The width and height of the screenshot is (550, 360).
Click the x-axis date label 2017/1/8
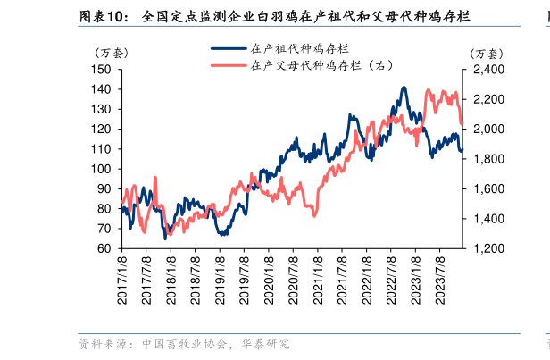pyautogui.click(x=122, y=279)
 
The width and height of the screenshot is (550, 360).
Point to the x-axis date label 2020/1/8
pyautogui.click(x=268, y=279)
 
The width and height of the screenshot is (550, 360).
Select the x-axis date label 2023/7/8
pyautogui.click(x=438, y=279)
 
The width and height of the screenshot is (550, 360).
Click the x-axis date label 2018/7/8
pyautogui.click(x=195, y=279)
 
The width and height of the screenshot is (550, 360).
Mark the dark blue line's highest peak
pyautogui.click(x=404, y=88)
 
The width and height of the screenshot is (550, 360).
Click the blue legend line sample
pyautogui.click(x=228, y=51)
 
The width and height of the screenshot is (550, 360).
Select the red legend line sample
pyautogui.click(x=228, y=65)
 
